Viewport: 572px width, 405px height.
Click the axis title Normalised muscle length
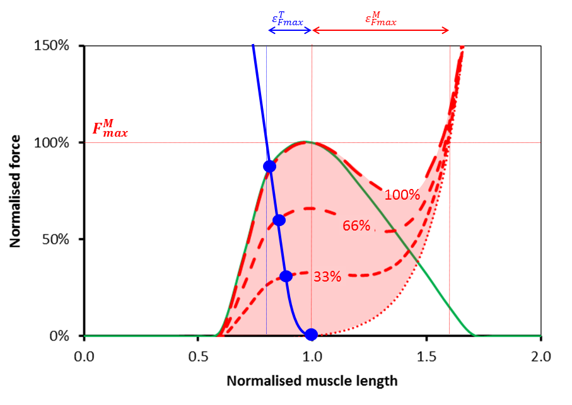tap(312, 381)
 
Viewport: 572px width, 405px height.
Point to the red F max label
tap(110, 130)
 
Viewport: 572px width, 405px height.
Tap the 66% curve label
tap(357, 225)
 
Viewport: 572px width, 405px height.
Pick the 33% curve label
tap(327, 276)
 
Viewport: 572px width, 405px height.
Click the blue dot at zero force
tap(311, 334)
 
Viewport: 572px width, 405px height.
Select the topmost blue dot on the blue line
tap(269, 166)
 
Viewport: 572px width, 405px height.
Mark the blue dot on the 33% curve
tap(286, 276)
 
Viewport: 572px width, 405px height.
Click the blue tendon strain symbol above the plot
tap(287, 20)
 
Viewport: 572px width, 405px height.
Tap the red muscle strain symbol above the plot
tap(380, 19)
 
